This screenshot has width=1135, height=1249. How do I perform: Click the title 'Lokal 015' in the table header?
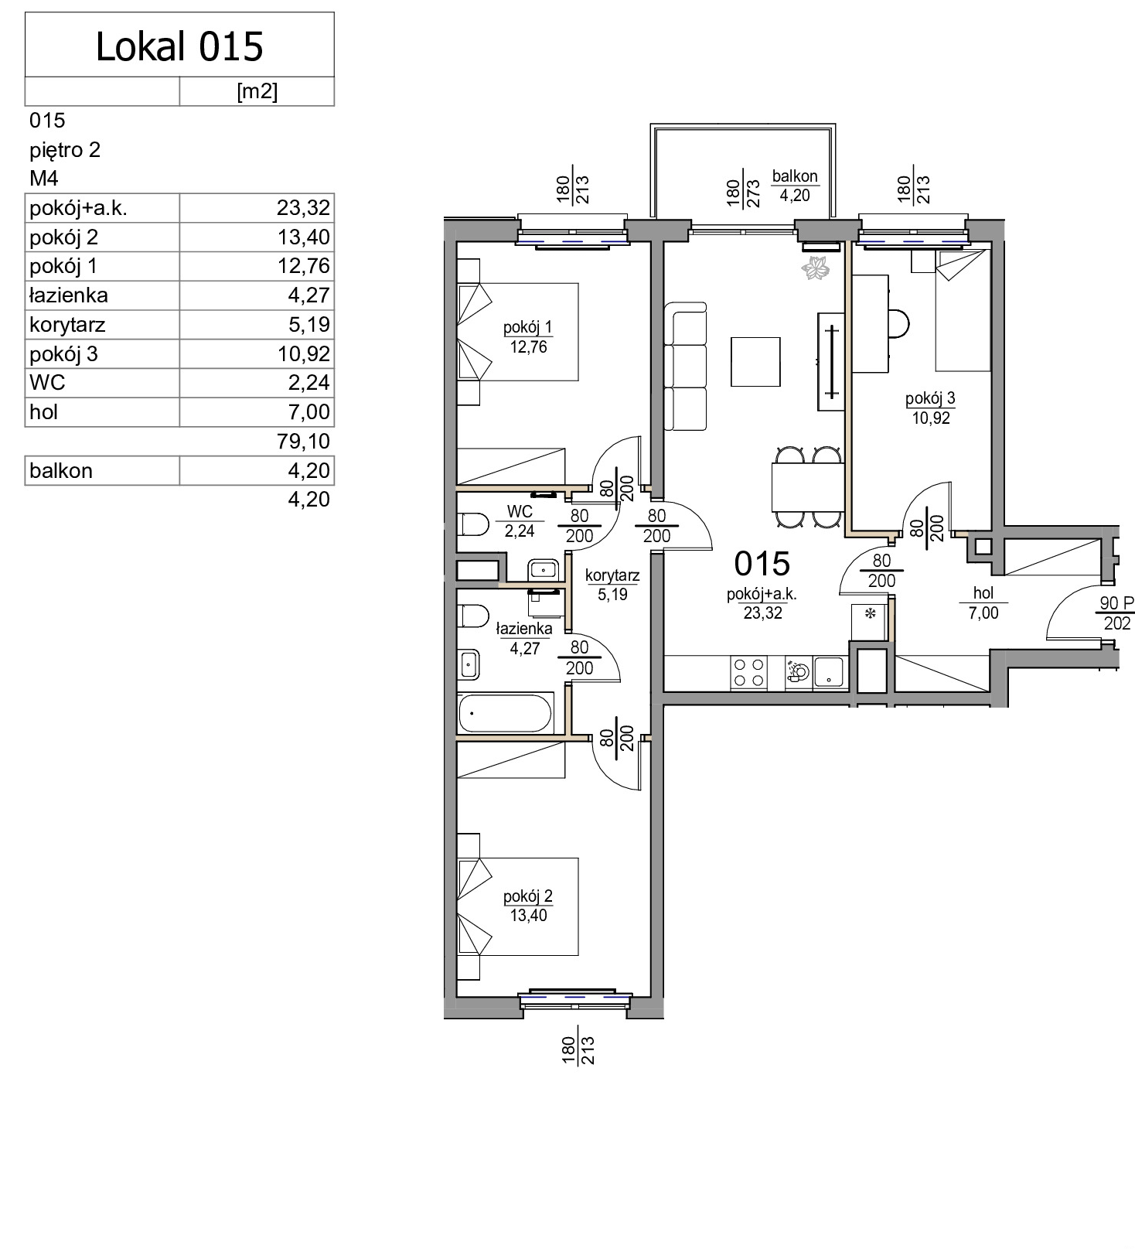click(179, 46)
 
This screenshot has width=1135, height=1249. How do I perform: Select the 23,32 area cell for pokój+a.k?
click(303, 207)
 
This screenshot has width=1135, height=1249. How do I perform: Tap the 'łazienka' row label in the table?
click(68, 295)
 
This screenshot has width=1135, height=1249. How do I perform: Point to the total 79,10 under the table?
click(303, 441)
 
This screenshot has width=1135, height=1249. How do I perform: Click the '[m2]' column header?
click(257, 91)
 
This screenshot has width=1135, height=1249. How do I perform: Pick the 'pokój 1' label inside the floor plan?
click(528, 327)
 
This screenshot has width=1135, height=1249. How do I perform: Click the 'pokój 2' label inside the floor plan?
click(528, 896)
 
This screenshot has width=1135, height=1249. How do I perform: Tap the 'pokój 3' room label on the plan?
click(930, 398)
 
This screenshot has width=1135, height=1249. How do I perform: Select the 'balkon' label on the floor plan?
click(795, 176)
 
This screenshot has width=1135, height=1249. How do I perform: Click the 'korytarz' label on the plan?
click(612, 575)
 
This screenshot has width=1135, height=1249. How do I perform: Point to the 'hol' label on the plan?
click(983, 593)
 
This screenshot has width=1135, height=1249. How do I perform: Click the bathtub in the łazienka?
click(506, 713)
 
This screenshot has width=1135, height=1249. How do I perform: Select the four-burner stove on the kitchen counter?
click(748, 672)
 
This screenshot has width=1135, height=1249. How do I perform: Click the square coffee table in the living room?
click(755, 361)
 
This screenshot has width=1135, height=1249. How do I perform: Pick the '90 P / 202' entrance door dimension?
click(1116, 613)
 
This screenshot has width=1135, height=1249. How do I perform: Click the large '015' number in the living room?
click(762, 564)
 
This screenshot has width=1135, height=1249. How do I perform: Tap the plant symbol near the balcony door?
click(816, 268)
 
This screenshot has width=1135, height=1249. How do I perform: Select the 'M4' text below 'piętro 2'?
click(44, 179)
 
